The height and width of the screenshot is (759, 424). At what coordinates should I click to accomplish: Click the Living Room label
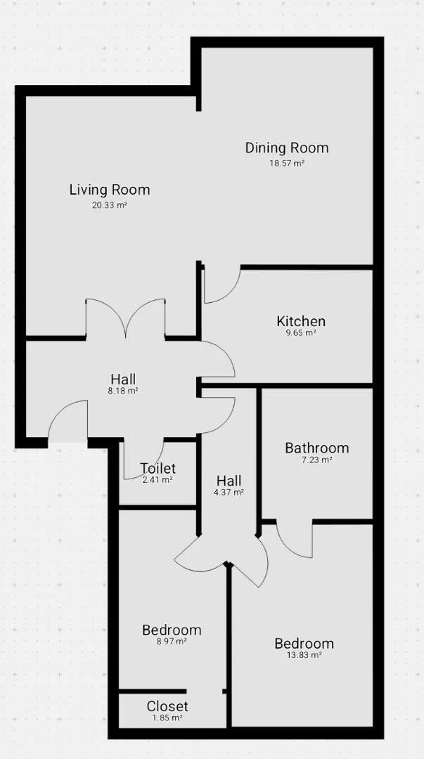110,190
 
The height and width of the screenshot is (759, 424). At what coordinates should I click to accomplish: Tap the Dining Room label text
287,148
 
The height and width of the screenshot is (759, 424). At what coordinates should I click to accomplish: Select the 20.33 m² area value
110,205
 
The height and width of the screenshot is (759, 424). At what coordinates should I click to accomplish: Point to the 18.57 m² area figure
287,163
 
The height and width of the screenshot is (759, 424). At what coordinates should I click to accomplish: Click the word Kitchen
301,321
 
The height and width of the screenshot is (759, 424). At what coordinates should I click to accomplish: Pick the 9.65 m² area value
301,333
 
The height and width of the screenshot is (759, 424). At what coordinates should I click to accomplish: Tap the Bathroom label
317,448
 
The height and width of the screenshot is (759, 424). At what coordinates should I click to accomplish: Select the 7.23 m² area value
317,460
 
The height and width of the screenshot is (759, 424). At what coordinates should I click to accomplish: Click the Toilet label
158,468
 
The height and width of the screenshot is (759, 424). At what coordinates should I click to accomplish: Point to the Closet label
167,706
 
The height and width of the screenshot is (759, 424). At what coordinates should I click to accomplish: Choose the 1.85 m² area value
167,718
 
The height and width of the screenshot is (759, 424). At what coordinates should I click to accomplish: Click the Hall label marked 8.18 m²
123,379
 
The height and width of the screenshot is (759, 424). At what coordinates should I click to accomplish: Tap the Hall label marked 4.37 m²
229,481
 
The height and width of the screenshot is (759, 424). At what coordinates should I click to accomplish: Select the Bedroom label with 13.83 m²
304,643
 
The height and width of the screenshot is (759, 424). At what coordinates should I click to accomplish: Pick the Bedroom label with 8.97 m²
172,630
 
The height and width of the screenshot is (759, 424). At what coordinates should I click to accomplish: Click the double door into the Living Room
125,317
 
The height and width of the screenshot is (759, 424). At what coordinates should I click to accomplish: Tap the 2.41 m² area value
158,480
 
